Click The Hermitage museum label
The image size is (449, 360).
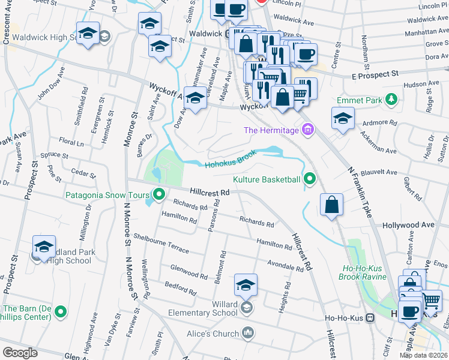(x=271, y=130)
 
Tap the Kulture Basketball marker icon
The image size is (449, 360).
(x=310, y=179)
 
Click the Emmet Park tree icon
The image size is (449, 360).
(x=391, y=99)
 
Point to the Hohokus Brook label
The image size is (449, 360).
(x=231, y=160)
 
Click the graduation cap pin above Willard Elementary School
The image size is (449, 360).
(x=246, y=286)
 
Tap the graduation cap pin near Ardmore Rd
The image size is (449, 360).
(x=342, y=118)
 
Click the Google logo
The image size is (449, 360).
(x=20, y=353)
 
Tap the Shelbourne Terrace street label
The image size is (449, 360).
(x=161, y=241)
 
